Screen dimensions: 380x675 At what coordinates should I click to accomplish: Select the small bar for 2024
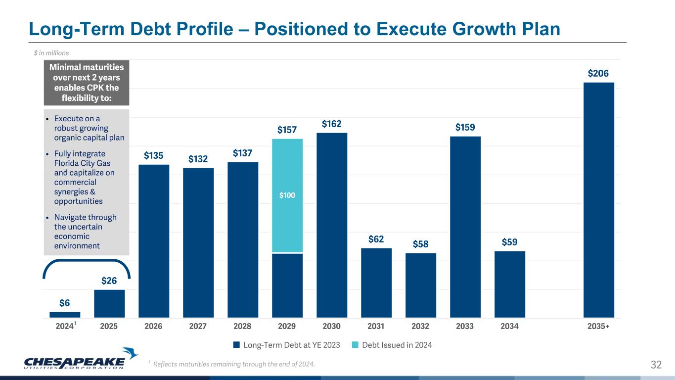pyautogui.click(x=65, y=314)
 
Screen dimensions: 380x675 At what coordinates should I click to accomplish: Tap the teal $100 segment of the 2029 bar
pyautogui.click(x=287, y=195)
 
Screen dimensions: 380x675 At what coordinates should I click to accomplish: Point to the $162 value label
pyautogui.click(x=332, y=124)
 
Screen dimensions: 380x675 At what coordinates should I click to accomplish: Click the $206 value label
pyautogui.click(x=598, y=73)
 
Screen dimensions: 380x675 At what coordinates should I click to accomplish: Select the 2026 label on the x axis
pyautogui.click(x=153, y=327)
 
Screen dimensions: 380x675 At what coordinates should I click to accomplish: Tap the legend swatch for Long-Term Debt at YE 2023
pyautogui.click(x=237, y=345)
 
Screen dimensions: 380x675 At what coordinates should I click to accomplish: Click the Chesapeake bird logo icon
pyautogui.click(x=131, y=354)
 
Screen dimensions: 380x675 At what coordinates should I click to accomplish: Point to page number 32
pyautogui.click(x=656, y=365)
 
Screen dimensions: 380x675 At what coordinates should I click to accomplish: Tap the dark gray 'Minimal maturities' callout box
pyautogui.click(x=87, y=83)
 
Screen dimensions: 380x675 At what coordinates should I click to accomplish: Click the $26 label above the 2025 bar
pyautogui.click(x=109, y=281)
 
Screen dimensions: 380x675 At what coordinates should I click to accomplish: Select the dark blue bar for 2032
pyautogui.click(x=420, y=285)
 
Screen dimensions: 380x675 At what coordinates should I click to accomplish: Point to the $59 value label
pyautogui.click(x=510, y=242)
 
